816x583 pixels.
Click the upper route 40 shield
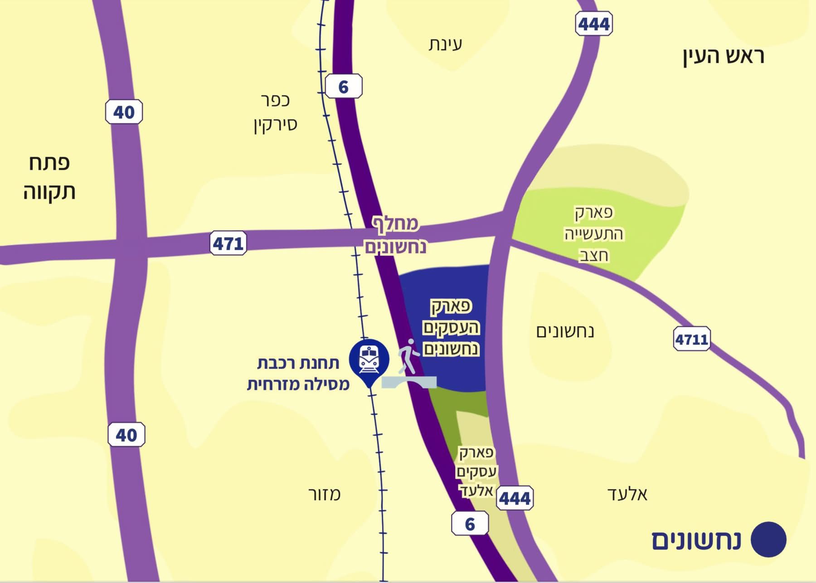click(x=124, y=112)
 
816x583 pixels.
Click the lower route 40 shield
click(x=126, y=435)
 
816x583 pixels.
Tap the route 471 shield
click(x=228, y=243)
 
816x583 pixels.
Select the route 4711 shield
click(x=691, y=339)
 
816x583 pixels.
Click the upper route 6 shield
click(x=344, y=86)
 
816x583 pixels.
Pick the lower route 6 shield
click(x=470, y=524)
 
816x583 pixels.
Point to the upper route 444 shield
click(x=594, y=24)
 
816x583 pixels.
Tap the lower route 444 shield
click(x=515, y=498)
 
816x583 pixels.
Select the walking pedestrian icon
click(x=408, y=356)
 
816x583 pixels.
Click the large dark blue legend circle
click(x=768, y=539)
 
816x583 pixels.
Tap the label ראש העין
click(x=724, y=56)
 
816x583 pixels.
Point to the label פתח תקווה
click(x=49, y=177)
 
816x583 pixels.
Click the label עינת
click(x=445, y=44)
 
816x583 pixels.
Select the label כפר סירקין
click(x=275, y=112)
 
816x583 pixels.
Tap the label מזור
click(x=324, y=494)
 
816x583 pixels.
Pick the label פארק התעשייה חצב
click(x=594, y=234)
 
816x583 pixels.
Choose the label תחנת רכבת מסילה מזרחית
click(x=298, y=374)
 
